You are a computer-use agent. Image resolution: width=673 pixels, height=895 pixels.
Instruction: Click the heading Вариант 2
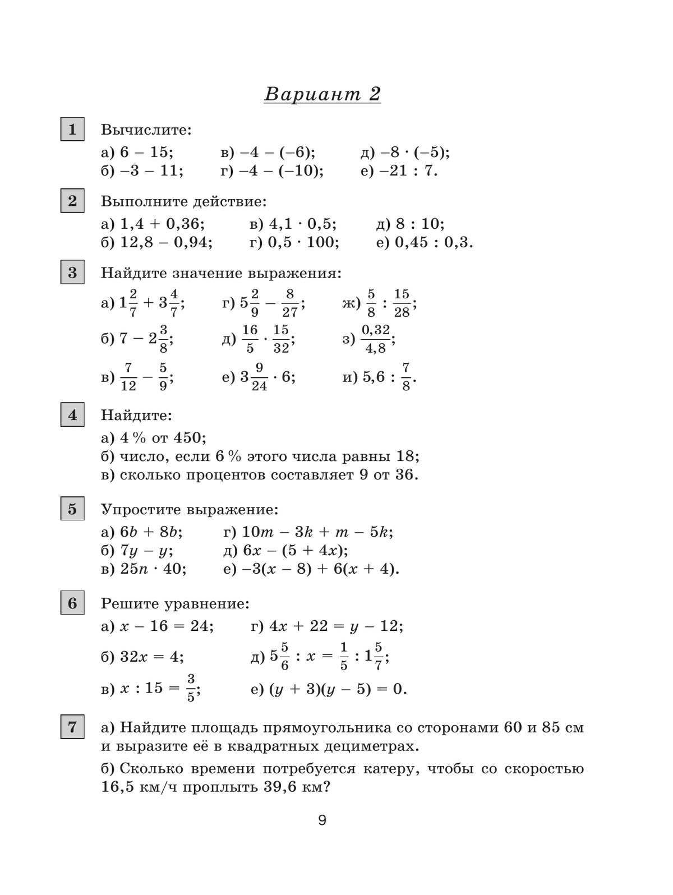tap(322, 94)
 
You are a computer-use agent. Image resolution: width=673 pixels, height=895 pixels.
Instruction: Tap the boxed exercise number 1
tap(72, 130)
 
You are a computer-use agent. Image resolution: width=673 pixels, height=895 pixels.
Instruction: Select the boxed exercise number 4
tap(72, 415)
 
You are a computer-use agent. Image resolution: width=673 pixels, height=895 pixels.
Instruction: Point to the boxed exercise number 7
tap(72, 727)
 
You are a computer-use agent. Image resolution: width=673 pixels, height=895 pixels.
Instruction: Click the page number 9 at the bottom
tap(322, 820)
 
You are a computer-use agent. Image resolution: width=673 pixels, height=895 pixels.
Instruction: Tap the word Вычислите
tap(146, 130)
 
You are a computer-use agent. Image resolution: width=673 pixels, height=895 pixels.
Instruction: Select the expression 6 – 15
tap(146, 153)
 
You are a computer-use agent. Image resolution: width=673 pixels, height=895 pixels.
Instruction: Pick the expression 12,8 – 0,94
tap(166, 242)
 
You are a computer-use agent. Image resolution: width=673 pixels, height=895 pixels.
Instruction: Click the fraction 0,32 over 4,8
tap(376, 339)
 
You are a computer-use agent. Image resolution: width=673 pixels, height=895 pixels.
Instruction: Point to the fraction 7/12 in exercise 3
tap(128, 377)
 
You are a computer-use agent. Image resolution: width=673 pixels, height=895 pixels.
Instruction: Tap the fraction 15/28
tap(402, 303)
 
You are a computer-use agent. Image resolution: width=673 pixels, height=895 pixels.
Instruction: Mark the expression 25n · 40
tap(153, 569)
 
